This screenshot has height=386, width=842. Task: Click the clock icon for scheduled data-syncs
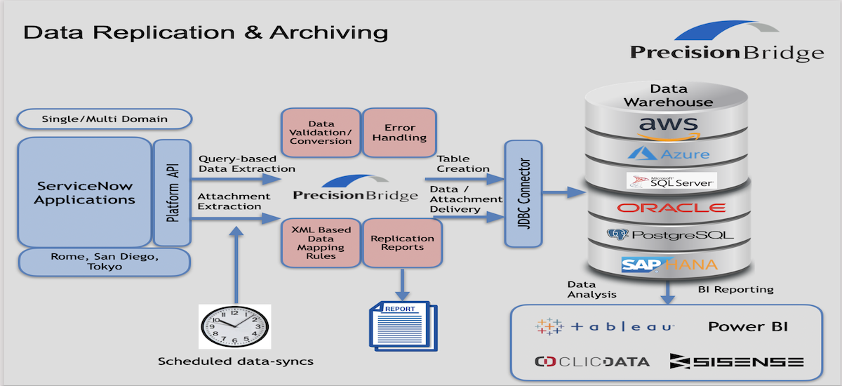click(234, 327)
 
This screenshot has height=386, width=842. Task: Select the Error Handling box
click(400, 133)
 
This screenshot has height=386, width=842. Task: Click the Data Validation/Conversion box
click(321, 133)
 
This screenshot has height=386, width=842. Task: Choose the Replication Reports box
click(402, 243)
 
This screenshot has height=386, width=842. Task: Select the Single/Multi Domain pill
click(105, 119)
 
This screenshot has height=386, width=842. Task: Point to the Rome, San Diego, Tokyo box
click(105, 262)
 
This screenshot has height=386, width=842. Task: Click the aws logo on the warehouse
click(669, 126)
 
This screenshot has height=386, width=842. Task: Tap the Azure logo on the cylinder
click(669, 152)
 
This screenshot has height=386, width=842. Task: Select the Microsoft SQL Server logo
click(671, 181)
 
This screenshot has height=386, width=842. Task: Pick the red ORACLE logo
click(671, 208)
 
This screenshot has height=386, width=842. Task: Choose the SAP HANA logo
click(669, 265)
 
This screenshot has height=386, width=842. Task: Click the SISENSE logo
click(736, 361)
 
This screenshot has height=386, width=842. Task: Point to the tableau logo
click(605, 326)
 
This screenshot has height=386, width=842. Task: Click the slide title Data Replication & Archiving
click(206, 32)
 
